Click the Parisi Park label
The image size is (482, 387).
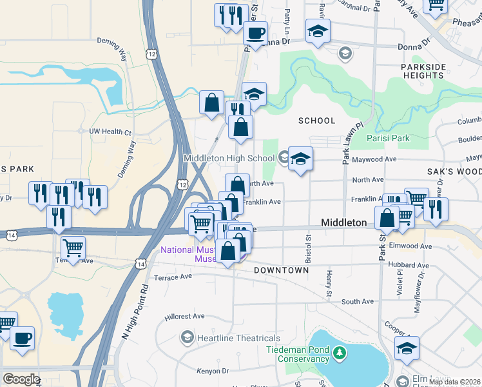pos(389,138)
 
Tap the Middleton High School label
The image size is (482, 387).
pos(229,158)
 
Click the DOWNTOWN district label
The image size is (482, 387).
pos(281,270)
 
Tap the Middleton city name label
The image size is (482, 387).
pos(344,223)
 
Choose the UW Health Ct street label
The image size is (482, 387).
pos(110,132)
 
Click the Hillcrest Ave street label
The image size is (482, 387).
pos(184,317)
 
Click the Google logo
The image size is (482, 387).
pos(21,379)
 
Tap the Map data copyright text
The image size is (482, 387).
pos(455,382)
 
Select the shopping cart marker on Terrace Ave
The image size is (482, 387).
pos(73,248)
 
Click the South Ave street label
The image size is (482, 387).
pos(358,301)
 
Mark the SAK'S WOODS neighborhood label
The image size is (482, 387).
pos(455,172)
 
